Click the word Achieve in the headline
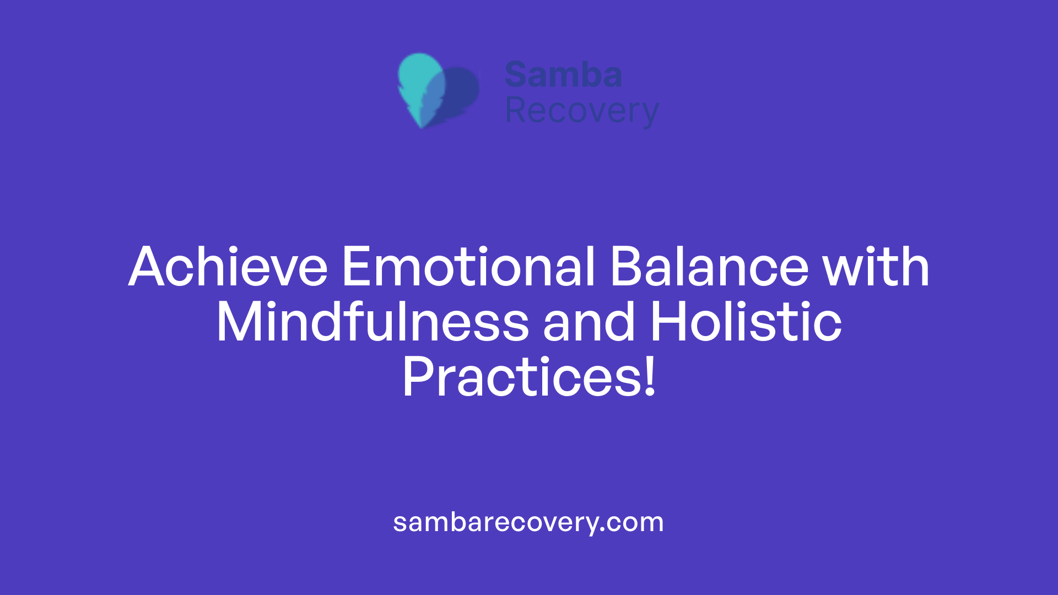(x=228, y=267)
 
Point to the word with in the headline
(x=876, y=267)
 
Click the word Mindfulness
(x=373, y=322)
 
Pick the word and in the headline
(x=589, y=322)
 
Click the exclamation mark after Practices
(x=651, y=377)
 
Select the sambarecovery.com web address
(x=528, y=522)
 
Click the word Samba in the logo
(x=563, y=75)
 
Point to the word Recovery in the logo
(x=582, y=112)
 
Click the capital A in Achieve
(x=147, y=267)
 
